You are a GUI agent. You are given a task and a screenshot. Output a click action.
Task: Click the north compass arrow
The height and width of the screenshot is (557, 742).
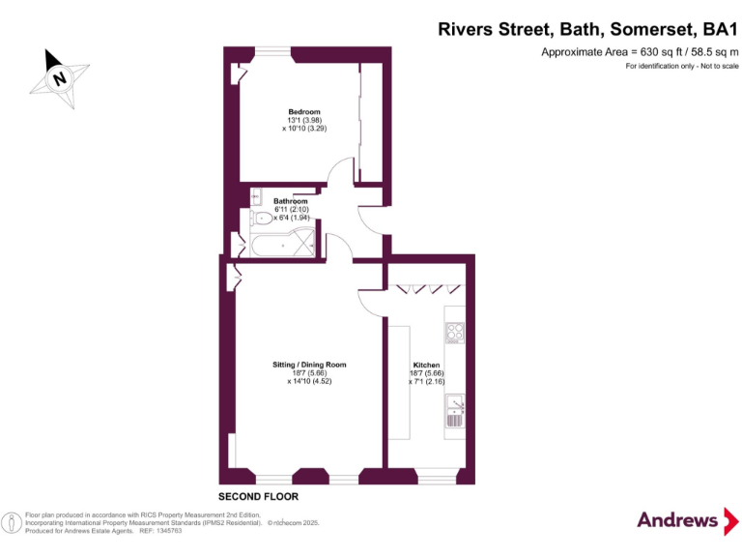point(60,75)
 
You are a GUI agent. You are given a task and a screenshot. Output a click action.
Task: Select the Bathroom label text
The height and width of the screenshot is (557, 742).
point(290,201)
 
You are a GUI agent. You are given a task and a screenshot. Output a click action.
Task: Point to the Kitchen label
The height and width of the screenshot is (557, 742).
point(427,366)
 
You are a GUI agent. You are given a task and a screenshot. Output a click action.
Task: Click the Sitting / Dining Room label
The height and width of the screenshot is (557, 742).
point(309,365)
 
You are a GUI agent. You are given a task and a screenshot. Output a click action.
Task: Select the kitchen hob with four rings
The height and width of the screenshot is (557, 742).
point(454,334)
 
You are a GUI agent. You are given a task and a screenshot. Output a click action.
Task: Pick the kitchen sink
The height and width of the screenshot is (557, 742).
point(454,413)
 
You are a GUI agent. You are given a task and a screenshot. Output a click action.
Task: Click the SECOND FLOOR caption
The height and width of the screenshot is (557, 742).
point(258,496)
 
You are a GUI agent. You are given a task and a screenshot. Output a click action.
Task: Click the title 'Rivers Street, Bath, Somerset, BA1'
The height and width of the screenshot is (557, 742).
point(588,29)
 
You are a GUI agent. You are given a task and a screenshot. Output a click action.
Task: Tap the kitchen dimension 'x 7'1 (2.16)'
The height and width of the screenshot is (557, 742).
point(427,382)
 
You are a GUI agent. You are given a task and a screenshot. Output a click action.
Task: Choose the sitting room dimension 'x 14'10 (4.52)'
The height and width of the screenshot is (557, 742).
point(309,381)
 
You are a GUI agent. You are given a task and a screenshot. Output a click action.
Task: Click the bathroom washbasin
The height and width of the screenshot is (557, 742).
point(255,197)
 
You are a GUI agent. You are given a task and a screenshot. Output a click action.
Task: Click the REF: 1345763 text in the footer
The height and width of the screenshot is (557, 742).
point(159,531)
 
